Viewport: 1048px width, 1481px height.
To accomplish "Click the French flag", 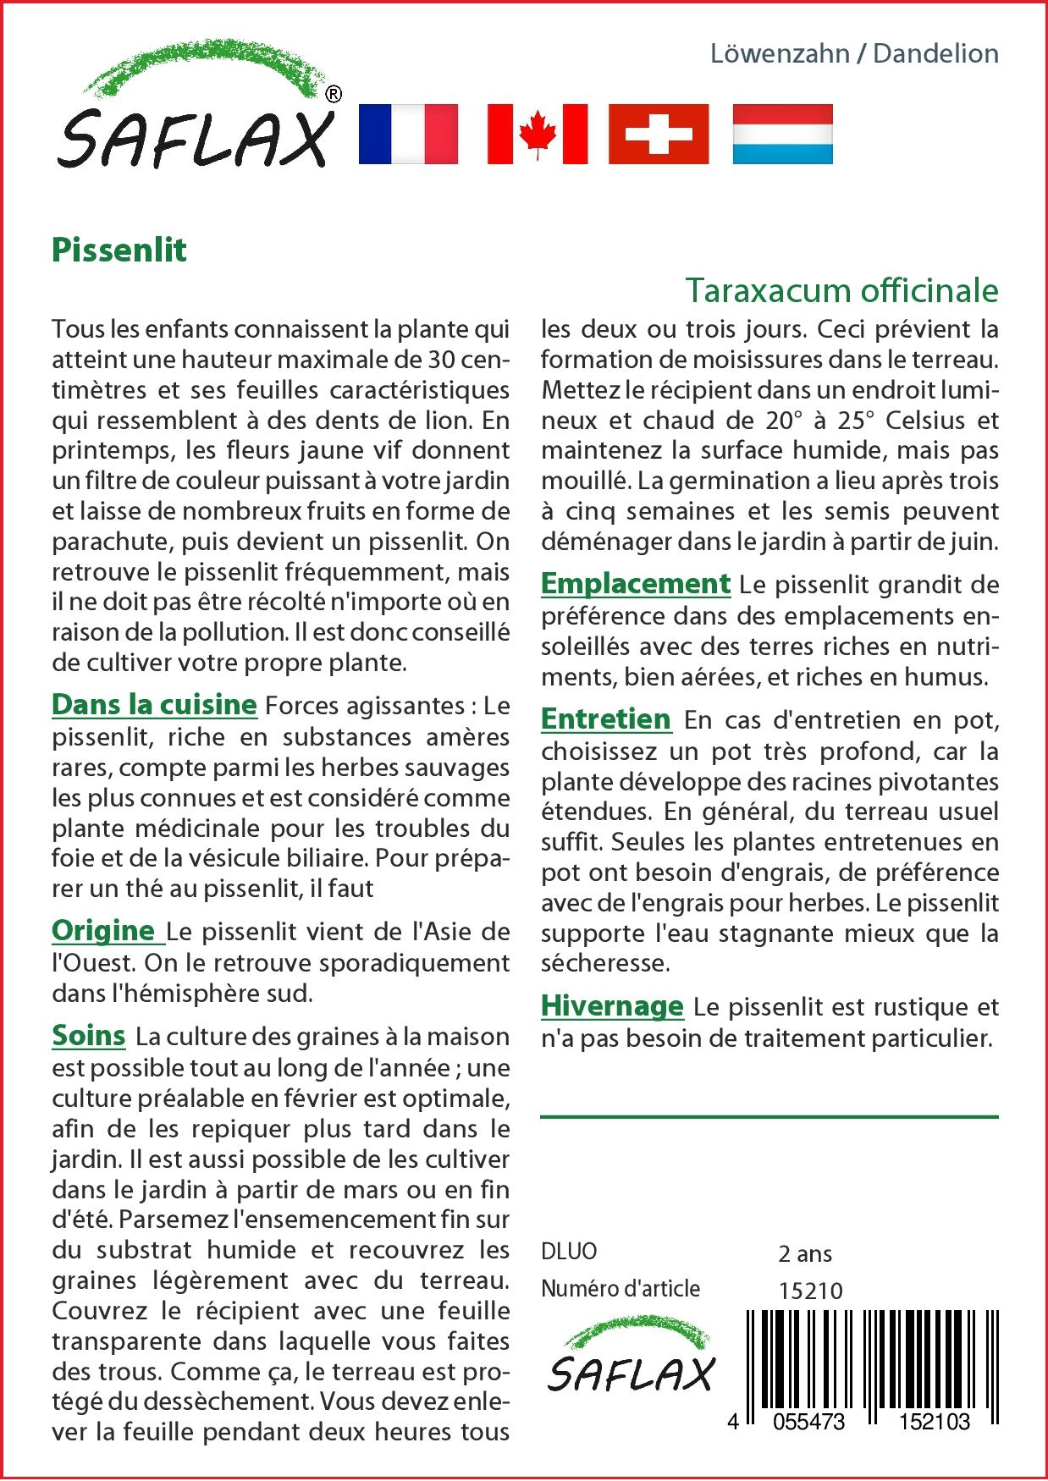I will tap(408, 134).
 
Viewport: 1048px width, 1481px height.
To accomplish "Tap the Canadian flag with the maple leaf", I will tap(538, 134).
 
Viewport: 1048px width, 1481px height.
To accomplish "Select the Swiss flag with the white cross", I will tap(659, 134).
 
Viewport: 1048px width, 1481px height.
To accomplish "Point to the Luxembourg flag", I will tap(782, 134).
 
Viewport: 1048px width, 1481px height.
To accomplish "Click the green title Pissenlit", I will tap(119, 251).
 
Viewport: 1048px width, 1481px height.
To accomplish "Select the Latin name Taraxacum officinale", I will tap(841, 290).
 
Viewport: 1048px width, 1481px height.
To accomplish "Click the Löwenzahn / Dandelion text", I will tap(854, 53).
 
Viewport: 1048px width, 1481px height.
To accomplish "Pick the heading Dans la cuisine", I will tap(154, 704).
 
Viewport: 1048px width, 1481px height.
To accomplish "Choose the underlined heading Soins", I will tap(89, 1035).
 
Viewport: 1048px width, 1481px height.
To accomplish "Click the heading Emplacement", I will tap(635, 583).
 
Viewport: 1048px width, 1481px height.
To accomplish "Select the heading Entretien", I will tap(606, 718).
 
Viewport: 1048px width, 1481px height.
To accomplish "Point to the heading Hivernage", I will tap(612, 1005).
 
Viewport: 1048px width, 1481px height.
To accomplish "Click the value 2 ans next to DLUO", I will tap(805, 1253).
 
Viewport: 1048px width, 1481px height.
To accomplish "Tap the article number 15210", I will tap(810, 1291).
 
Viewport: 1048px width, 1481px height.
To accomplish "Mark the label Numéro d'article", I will tap(621, 1289).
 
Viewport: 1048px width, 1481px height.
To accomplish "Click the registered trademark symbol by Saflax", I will tap(334, 94).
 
